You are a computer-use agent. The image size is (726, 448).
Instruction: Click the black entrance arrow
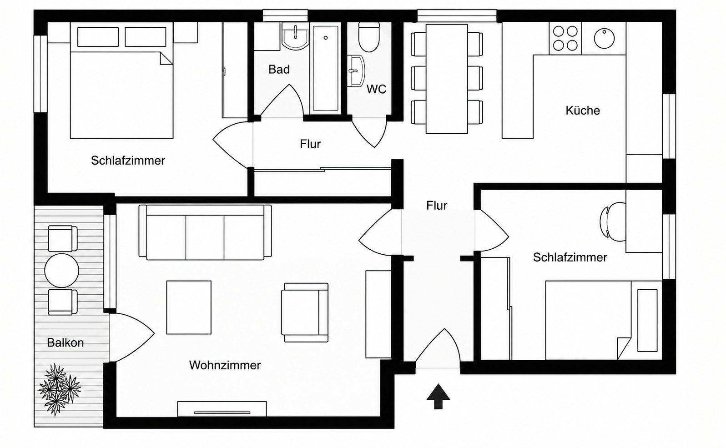click(x=438, y=397)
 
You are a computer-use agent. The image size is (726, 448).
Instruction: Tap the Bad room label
click(x=279, y=70)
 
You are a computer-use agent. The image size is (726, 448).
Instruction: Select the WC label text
click(x=376, y=89)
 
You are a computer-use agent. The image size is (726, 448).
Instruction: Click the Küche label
click(x=583, y=111)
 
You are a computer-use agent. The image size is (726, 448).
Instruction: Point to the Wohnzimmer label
click(x=225, y=365)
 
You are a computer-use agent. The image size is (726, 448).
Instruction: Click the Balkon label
click(x=66, y=342)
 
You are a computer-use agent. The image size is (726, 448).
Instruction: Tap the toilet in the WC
click(x=369, y=37)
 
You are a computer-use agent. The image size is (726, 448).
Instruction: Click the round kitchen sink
click(x=604, y=38)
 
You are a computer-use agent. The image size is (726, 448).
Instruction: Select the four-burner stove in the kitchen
click(x=565, y=38)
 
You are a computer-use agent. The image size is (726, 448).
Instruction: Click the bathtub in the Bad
click(x=325, y=68)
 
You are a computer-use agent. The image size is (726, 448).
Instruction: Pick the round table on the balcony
click(x=61, y=270)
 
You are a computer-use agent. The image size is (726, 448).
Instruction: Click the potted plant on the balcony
click(x=59, y=389)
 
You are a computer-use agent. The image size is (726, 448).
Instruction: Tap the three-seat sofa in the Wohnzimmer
click(x=205, y=232)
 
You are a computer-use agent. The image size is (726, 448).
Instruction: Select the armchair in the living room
click(x=305, y=312)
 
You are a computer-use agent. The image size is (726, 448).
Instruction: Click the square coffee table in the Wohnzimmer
click(x=189, y=307)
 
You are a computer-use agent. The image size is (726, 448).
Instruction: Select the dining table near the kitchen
click(x=447, y=79)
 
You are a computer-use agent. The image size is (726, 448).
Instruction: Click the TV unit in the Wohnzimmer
click(x=222, y=409)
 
